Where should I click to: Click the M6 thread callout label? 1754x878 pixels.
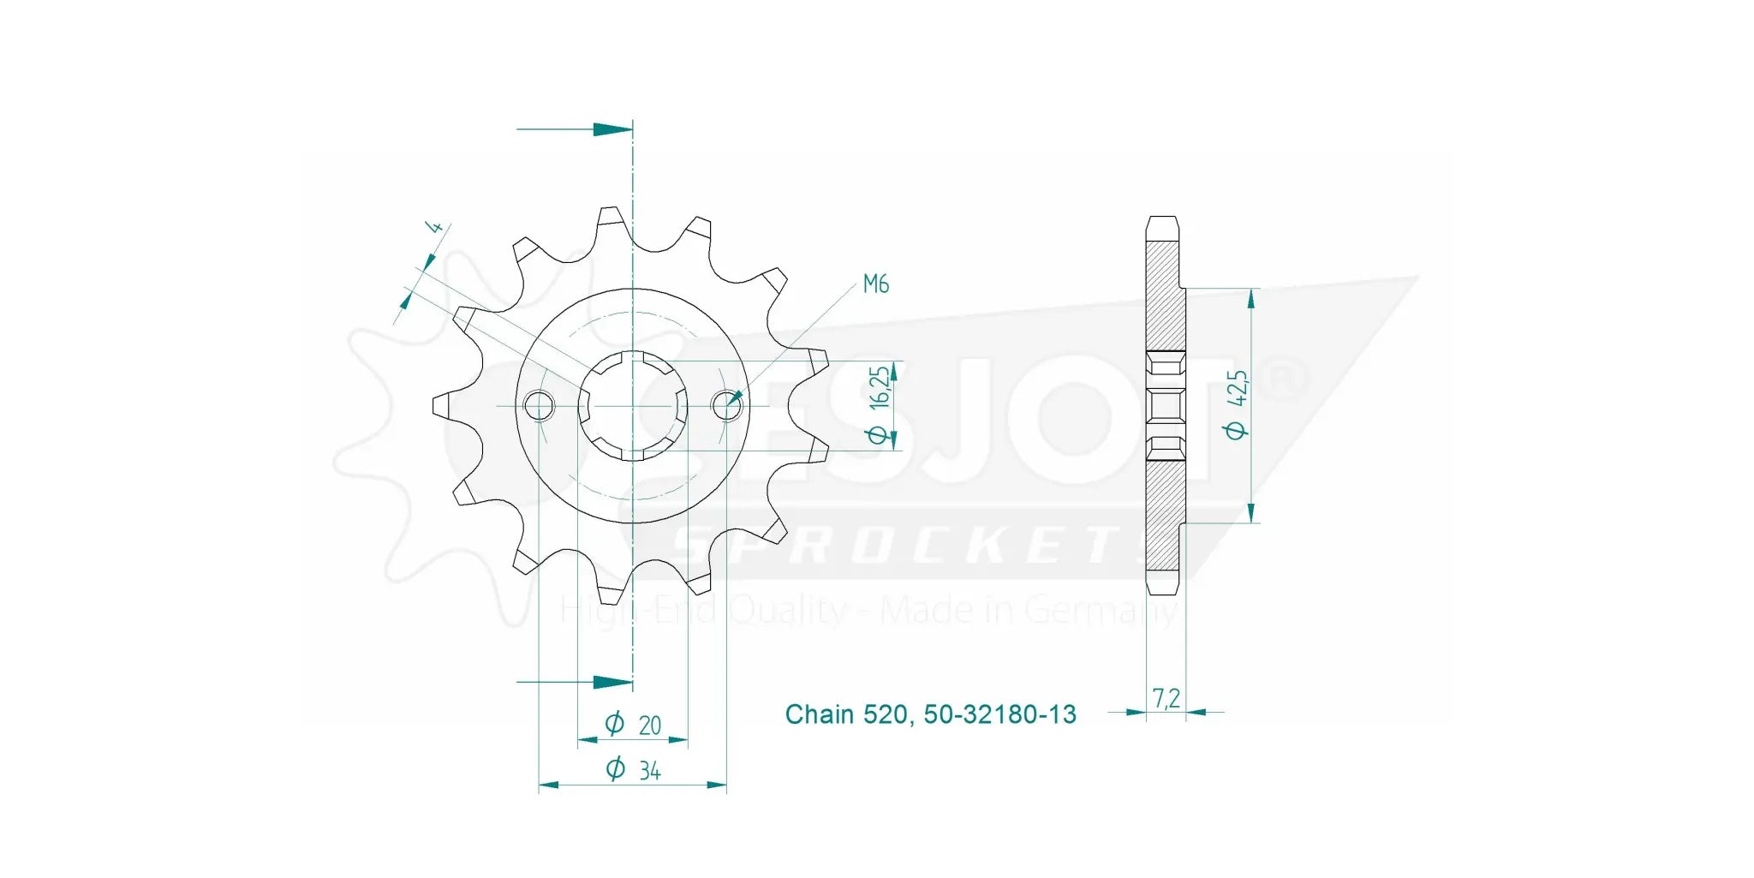pos(875,284)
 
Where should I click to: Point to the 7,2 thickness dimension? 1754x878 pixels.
pos(1166,699)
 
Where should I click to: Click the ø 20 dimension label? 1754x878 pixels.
pos(634,725)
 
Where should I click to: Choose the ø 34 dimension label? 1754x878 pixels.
pos(634,770)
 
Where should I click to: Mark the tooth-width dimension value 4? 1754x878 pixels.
pos(435,228)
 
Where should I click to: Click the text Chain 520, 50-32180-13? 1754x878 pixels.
pos(930,714)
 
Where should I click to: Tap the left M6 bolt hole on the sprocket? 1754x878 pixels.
pos(538,405)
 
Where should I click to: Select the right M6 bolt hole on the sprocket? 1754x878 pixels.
pos(727,405)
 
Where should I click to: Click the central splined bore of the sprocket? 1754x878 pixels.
pos(633,405)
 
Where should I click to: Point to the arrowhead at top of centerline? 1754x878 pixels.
pos(612,129)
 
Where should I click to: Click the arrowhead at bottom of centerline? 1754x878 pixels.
pos(612,683)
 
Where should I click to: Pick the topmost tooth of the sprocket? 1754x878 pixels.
pos(611,218)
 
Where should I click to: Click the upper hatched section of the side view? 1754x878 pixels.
pos(1162,296)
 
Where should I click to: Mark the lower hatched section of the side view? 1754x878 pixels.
pos(1162,514)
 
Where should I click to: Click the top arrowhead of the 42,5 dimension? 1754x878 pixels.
pos(1251,299)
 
